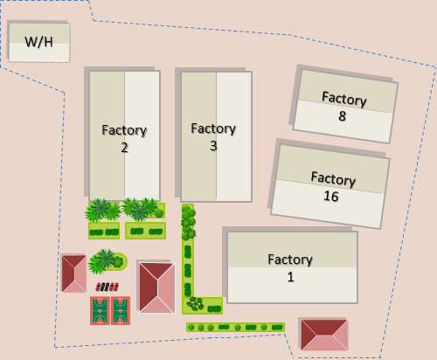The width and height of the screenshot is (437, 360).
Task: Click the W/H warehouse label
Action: coord(38,42)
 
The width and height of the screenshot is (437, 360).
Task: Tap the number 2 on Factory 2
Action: coord(124,148)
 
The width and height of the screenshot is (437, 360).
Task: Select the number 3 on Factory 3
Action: coord(213,146)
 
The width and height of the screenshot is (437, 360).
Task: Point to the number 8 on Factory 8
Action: coord(343,116)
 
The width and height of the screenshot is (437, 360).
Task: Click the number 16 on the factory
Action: coord(331,196)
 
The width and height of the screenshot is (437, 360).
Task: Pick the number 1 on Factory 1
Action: coord(290,277)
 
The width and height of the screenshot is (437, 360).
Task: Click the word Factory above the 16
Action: coord(333,179)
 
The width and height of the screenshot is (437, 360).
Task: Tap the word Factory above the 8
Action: coord(344,99)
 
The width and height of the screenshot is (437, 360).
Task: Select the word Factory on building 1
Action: coord(290,260)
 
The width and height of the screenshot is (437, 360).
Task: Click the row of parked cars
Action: coord(108,287)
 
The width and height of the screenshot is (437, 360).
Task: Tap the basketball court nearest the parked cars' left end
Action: coord(100,310)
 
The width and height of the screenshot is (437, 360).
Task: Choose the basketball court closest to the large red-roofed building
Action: coord(121,310)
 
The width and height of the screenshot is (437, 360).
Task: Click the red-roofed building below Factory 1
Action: coord(324,335)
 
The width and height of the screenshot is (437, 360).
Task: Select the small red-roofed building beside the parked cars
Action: coord(74,273)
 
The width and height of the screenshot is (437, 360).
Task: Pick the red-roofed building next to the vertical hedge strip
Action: coord(157,287)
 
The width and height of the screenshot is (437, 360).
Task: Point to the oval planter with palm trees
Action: coord(108,261)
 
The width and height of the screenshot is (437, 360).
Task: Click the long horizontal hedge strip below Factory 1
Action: coord(235,327)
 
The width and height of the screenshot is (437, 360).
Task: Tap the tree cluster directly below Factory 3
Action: coord(189,222)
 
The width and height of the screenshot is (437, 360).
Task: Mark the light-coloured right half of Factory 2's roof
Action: coord(142,135)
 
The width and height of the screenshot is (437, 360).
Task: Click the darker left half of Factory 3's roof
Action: coord(198,135)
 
